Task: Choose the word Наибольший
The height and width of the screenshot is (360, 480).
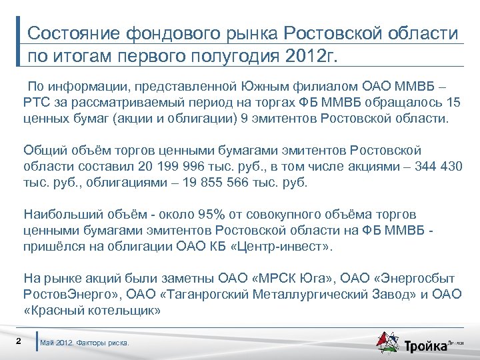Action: click(x=58, y=214)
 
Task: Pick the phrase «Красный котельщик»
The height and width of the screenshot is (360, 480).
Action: click(x=92, y=310)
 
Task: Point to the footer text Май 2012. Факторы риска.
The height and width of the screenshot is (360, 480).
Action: click(x=85, y=343)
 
